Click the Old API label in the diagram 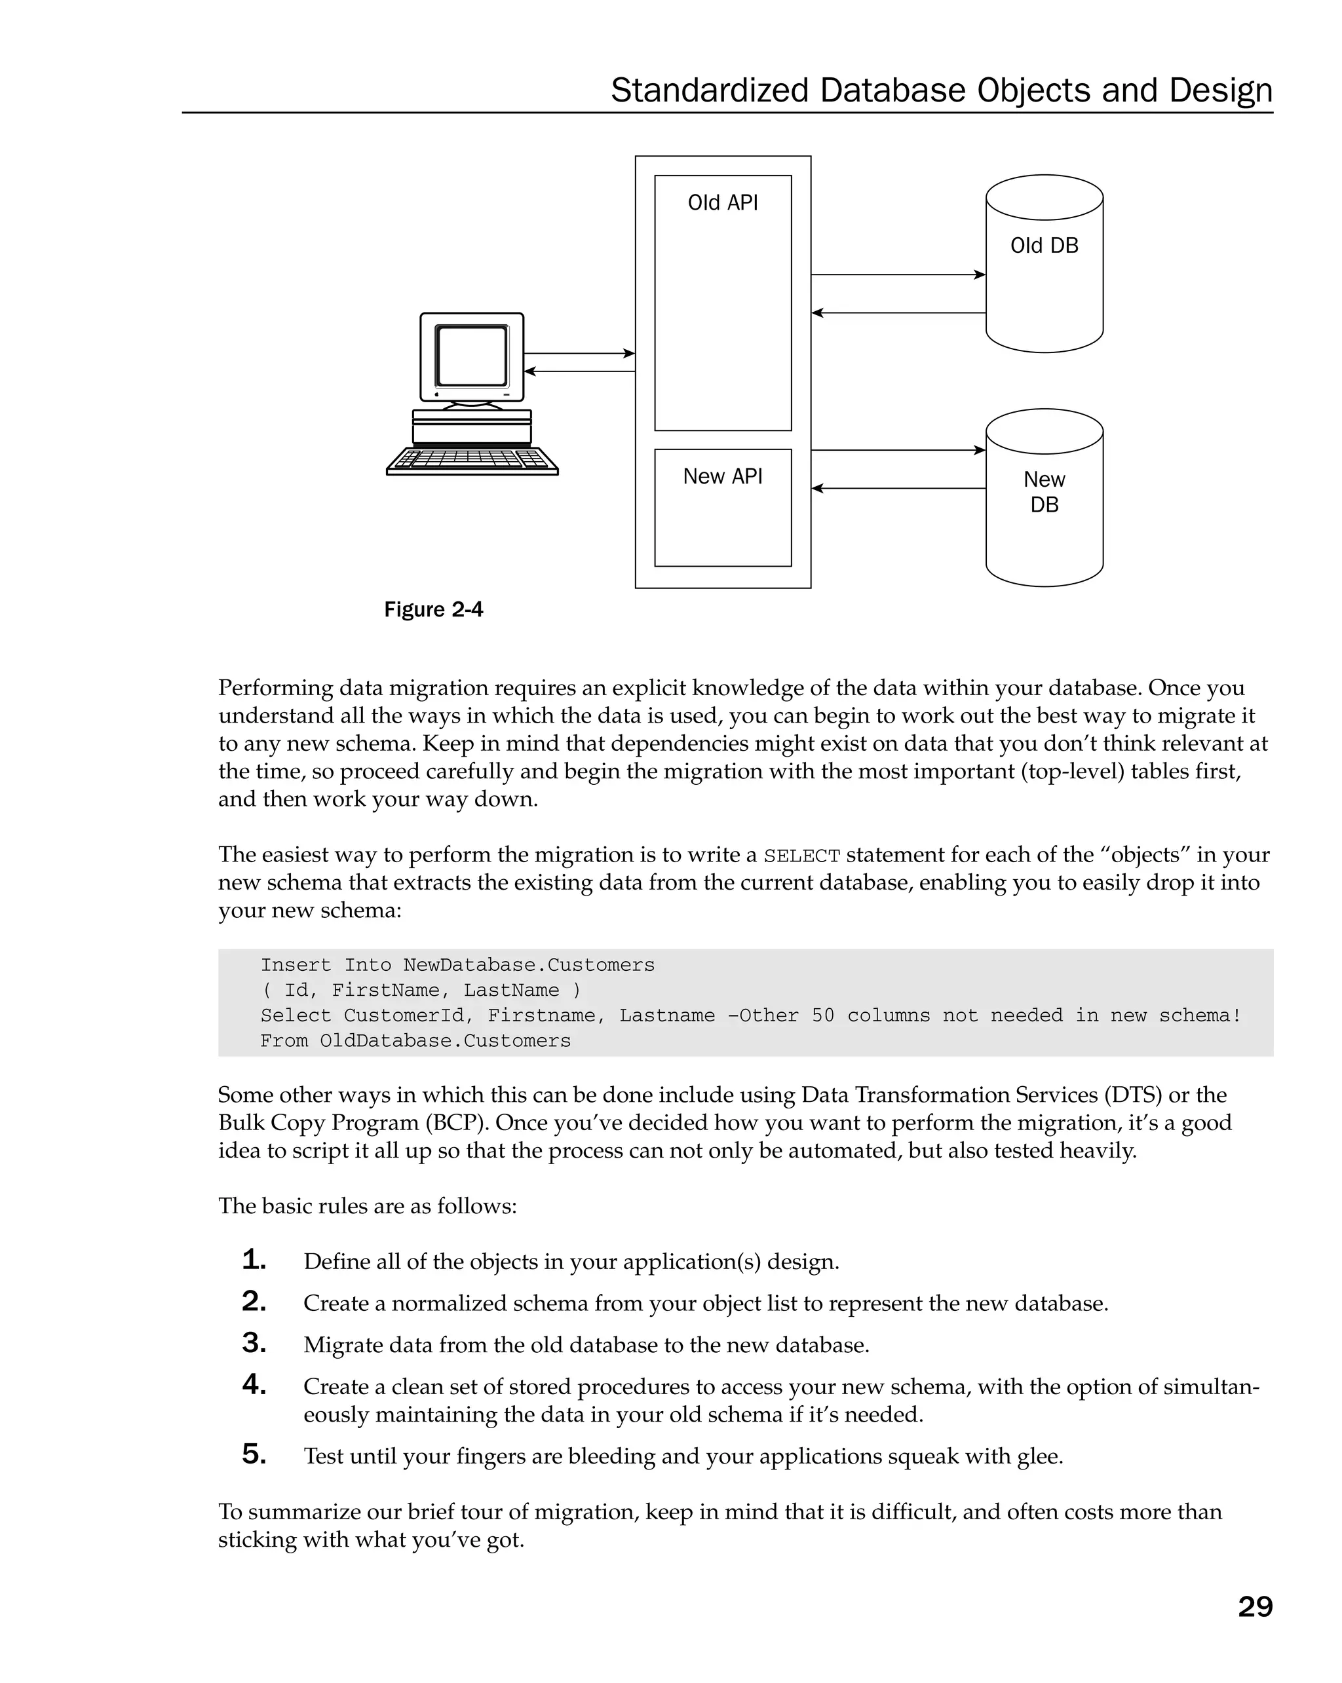click(722, 203)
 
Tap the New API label click(722, 476)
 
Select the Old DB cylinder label click(1044, 246)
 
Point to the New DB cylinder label click(1044, 492)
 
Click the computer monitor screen click(472, 356)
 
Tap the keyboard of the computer click(472, 460)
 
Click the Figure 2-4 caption click(433, 610)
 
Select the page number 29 click(1255, 1606)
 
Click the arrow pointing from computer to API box click(579, 354)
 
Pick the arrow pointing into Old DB click(898, 274)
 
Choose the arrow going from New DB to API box click(898, 489)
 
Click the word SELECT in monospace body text click(801, 856)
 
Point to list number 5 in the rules click(254, 1454)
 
